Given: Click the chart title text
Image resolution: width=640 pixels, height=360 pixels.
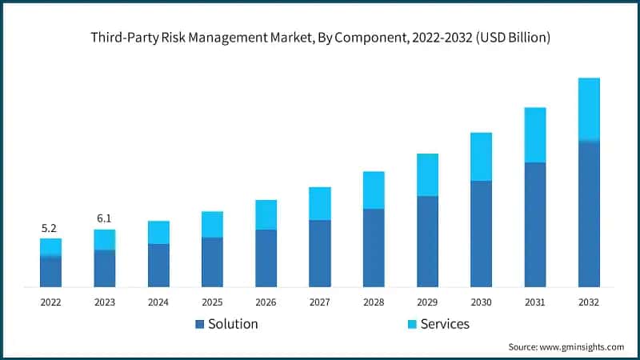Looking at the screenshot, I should point(320,38).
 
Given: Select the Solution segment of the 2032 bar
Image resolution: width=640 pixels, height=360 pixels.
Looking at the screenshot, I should point(589,214).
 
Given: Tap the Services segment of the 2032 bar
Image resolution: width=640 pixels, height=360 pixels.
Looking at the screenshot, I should point(589,110).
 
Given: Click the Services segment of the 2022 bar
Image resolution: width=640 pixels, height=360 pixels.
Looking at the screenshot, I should point(51,247).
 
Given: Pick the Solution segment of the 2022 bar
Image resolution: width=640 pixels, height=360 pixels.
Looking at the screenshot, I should point(51,271).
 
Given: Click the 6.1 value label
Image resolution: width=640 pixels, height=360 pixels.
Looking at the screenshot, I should point(104,219).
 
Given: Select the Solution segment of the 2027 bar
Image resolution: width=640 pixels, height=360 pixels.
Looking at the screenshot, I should point(320,253).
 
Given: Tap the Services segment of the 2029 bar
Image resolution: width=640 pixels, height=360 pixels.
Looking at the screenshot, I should point(427,174).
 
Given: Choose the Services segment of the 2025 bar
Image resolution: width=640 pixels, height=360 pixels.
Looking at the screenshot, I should point(212,224).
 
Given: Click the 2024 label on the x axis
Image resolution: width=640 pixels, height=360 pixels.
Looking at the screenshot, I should point(158,302).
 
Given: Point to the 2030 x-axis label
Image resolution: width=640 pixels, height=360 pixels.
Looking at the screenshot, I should point(481,302).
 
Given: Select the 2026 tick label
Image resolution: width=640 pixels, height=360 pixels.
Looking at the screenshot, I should point(266,302).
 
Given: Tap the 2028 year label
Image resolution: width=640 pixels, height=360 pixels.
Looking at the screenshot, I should point(374,302).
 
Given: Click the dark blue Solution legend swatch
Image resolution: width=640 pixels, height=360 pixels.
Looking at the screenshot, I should point(199,324).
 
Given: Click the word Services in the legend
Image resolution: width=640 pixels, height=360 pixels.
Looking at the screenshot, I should point(445,324).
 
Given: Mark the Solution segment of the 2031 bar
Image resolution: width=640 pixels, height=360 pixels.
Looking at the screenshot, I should point(535,224).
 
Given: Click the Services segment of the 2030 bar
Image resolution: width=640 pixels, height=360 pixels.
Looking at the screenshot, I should point(481,156).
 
